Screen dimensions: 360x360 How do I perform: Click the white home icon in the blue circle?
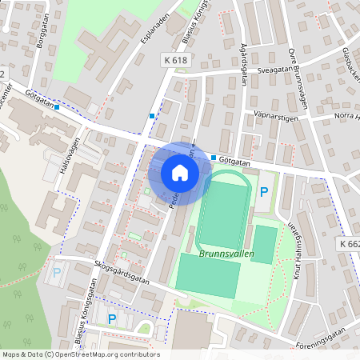(179, 172)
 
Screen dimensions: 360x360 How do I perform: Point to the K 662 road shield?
(349, 243)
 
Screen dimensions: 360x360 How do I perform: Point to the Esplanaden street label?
(155, 50)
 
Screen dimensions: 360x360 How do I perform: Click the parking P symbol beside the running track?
(263, 192)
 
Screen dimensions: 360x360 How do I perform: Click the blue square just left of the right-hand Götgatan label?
(214, 158)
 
